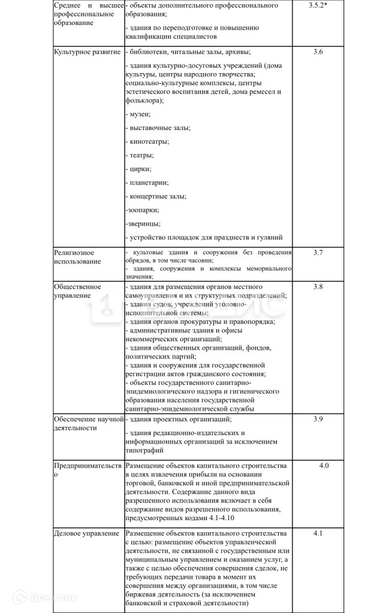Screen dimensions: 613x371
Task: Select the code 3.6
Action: (318, 52)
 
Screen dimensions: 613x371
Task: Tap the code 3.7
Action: (318, 253)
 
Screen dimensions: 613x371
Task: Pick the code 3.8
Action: (318, 287)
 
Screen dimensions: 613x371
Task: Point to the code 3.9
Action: (318, 418)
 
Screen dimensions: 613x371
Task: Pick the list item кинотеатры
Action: (148, 141)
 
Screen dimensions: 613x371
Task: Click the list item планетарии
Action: (147, 183)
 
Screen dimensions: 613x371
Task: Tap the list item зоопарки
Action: (143, 210)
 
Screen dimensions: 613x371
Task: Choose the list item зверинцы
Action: (143, 224)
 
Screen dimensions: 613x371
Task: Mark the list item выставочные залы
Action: (159, 128)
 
